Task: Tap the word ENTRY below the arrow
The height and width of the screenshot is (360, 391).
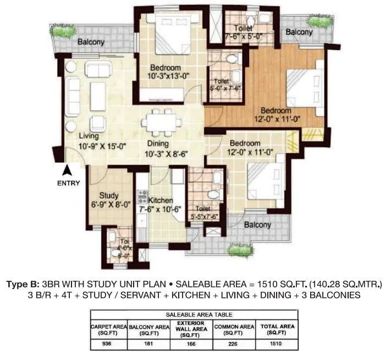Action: pos(68,184)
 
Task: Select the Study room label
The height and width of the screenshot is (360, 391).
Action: pos(109,195)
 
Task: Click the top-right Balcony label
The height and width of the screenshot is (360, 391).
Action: pos(299,32)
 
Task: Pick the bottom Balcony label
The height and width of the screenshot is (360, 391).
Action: pos(257,225)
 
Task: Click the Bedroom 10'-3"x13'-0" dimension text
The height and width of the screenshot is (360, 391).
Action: pos(169,77)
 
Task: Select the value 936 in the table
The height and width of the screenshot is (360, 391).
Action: pos(109,344)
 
